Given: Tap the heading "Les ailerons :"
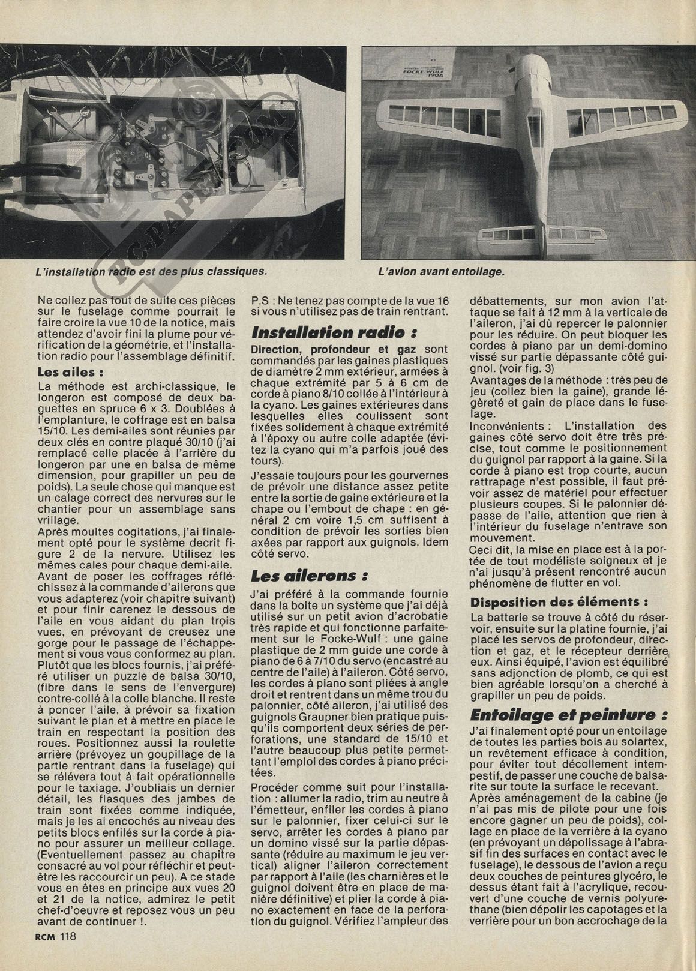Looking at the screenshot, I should tap(310, 577).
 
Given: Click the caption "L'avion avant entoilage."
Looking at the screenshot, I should tap(442, 271).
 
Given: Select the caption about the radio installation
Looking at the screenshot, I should tap(151, 271).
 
